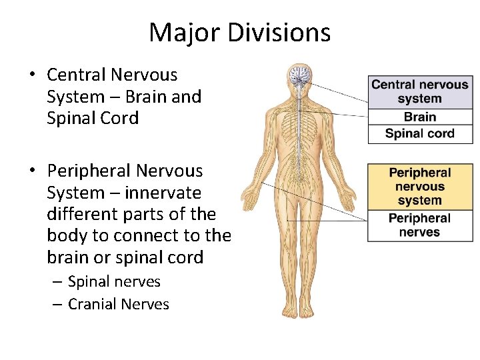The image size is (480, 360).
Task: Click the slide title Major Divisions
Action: tap(239, 32)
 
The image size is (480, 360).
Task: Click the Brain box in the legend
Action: tap(420, 117)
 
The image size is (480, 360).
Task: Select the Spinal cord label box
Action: tap(420, 133)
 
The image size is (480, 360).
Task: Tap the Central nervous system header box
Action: tap(420, 92)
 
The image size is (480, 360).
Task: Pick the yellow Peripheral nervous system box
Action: tap(420, 187)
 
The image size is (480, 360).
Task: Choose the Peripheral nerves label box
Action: tap(420, 225)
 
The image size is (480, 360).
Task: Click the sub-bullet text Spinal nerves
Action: tap(114, 281)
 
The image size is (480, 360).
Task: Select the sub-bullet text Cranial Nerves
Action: tap(119, 304)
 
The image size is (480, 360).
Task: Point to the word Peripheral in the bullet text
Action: tap(88, 171)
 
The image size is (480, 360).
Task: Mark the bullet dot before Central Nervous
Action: tap(33, 75)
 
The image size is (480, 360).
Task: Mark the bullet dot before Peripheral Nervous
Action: tap(33, 171)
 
